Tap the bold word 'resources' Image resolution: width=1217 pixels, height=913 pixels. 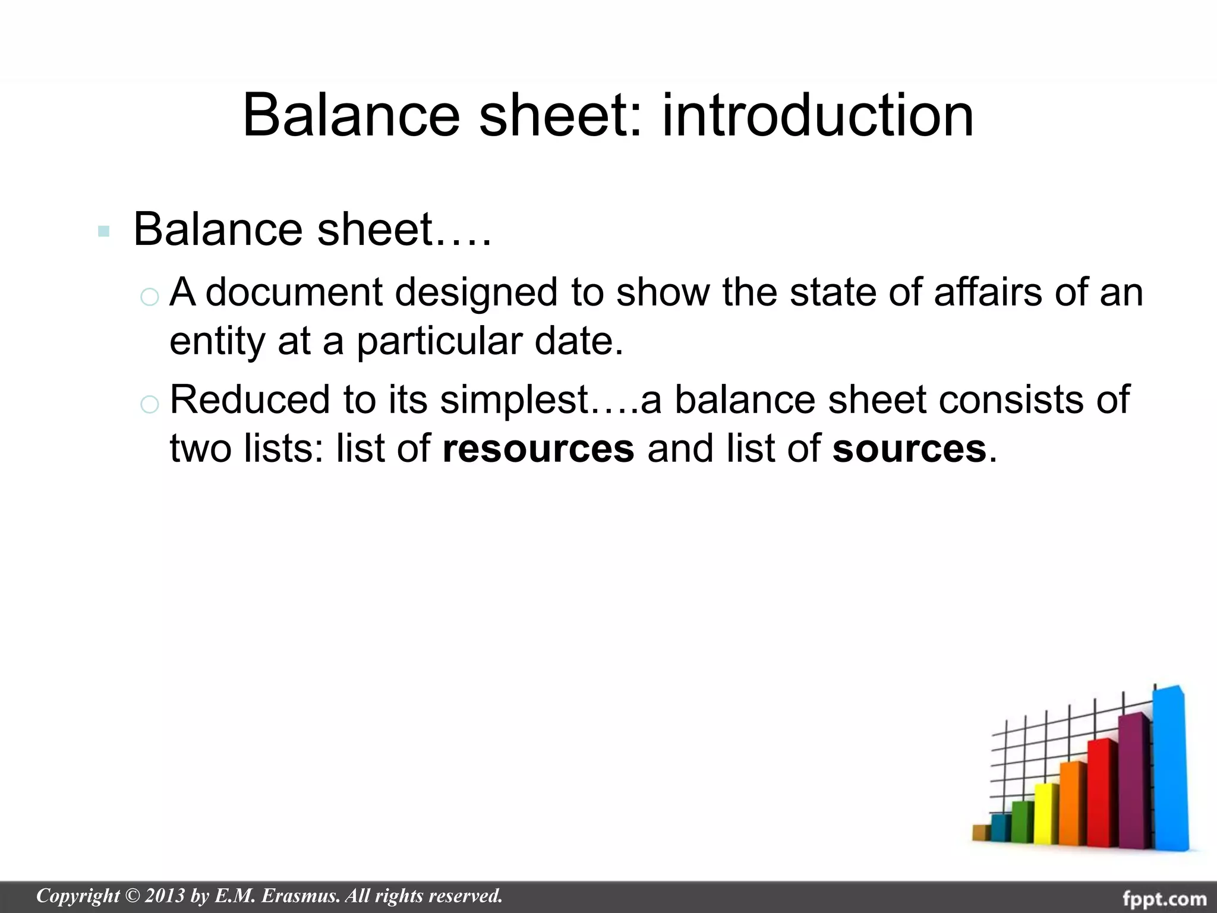(x=538, y=448)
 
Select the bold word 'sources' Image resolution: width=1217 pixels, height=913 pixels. (x=909, y=448)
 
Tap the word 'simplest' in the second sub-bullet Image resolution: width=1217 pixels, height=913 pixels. (x=514, y=400)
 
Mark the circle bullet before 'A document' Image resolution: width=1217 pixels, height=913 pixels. (x=149, y=297)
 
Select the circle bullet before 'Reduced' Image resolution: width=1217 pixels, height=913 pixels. (x=149, y=404)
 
